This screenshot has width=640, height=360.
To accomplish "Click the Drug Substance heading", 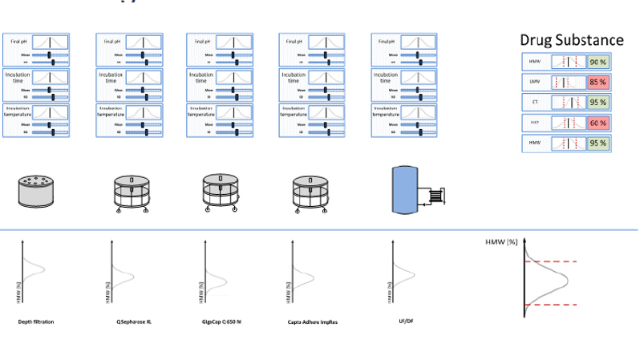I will (571, 39).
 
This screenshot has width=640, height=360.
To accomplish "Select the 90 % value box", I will (597, 62).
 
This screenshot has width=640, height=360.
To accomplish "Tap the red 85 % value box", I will (597, 82).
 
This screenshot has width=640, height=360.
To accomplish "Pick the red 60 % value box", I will (597, 123).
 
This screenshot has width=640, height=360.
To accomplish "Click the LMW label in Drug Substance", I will (535, 82).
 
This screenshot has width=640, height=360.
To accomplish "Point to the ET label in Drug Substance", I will (535, 103).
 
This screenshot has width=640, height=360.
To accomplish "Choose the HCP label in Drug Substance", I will (535, 123).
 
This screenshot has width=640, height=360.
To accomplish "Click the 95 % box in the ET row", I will (597, 103).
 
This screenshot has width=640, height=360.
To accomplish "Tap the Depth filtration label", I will (36, 322).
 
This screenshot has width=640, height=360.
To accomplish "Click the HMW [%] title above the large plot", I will (503, 241).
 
